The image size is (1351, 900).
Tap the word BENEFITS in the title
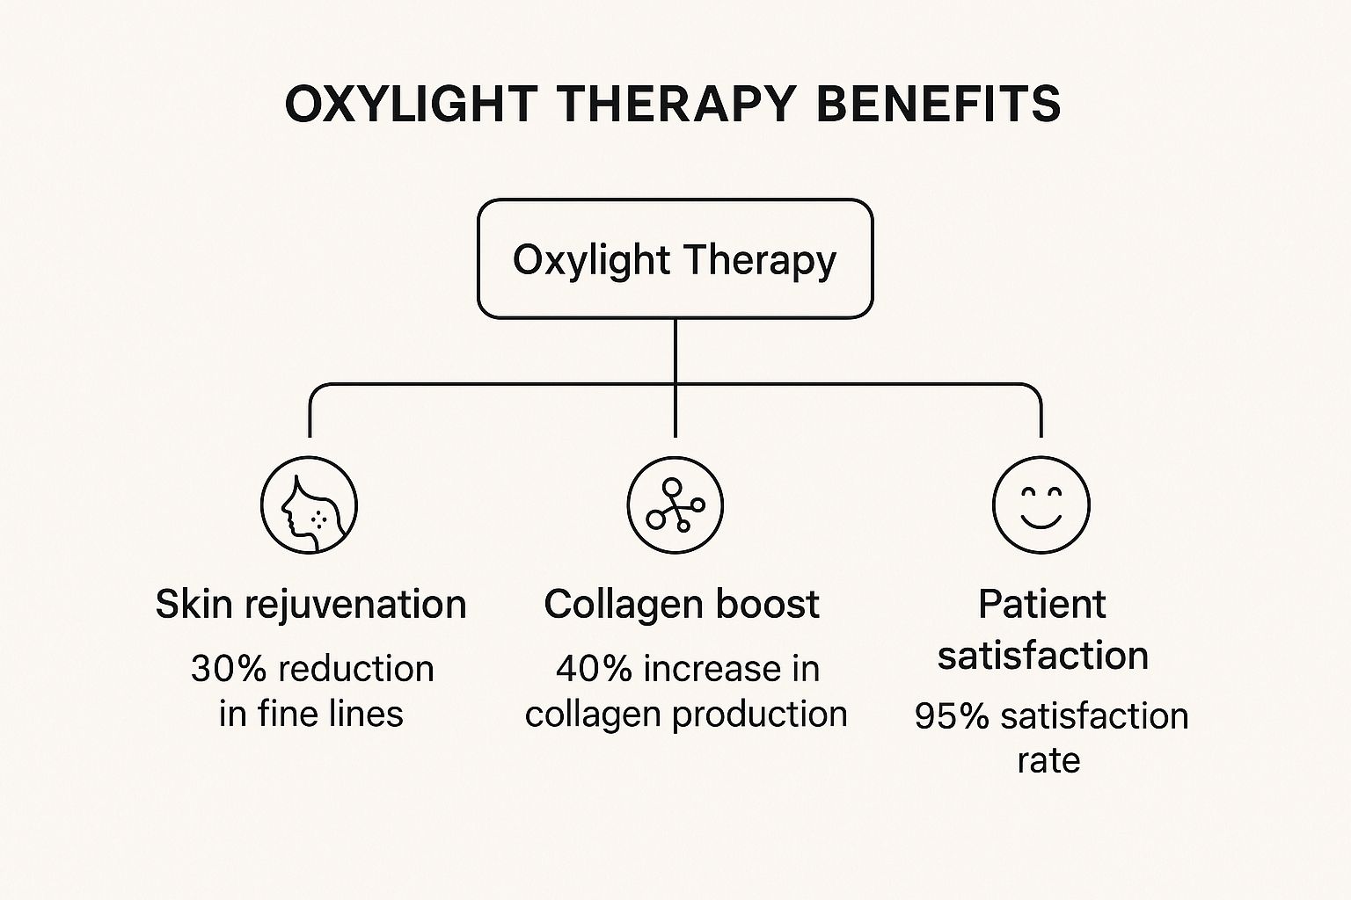tap(938, 104)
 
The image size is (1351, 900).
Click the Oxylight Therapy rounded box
tap(675, 258)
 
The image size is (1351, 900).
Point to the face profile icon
tap(309, 505)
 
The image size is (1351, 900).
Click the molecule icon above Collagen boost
tap(675, 505)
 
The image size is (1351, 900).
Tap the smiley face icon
tap(1041, 505)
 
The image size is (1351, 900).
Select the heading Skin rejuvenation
tap(311, 605)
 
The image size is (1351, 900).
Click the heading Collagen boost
tap(682, 604)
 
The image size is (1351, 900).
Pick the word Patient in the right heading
tap(1042, 604)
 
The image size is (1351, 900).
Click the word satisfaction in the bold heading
tap(1043, 656)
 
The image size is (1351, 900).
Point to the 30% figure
tap(229, 669)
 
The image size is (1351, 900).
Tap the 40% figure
tap(594, 669)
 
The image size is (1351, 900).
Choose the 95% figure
tap(952, 716)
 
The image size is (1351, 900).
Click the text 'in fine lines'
tap(311, 714)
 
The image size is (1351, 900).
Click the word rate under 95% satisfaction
tap(1048, 761)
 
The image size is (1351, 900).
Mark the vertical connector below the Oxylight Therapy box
tap(675, 378)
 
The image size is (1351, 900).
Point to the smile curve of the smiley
tap(1041, 521)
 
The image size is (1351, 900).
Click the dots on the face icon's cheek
tap(318, 518)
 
